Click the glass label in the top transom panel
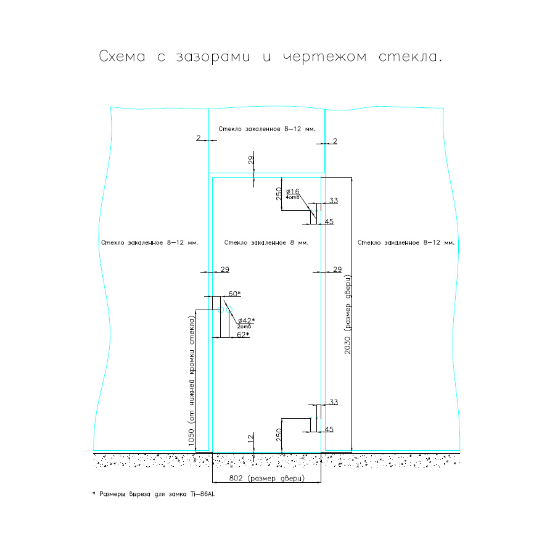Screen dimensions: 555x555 267,129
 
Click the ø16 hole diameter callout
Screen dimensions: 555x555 293,192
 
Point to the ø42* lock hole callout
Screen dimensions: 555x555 246,320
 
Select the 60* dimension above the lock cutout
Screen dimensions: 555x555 234,294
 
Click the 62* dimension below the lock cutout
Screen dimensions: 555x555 243,335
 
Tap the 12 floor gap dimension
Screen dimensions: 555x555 250,438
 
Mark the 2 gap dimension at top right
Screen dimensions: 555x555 335,141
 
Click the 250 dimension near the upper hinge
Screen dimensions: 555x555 279,195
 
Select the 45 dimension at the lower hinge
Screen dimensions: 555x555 329,429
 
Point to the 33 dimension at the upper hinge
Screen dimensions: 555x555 334,200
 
